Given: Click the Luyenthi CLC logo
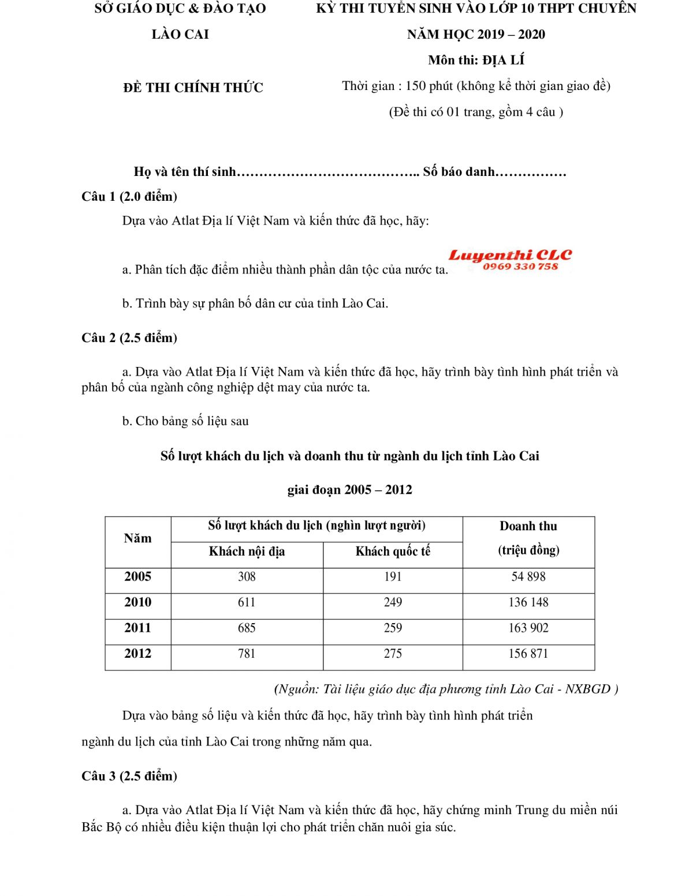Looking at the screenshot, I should (510, 255).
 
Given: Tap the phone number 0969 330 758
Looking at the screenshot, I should (520, 267).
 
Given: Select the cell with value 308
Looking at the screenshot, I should (247, 577).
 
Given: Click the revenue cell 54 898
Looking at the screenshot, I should (528, 577).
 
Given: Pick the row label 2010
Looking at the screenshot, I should (137, 602).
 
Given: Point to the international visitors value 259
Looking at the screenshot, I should (393, 628).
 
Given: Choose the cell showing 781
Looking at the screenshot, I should (247, 654).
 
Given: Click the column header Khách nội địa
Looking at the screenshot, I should (247, 552).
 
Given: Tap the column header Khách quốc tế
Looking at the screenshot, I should (393, 552).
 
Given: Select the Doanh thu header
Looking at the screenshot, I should (528, 526).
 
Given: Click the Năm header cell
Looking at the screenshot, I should (137, 538).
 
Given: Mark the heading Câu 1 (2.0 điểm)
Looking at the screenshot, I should (129, 197).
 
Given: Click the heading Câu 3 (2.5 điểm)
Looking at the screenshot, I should (129, 777).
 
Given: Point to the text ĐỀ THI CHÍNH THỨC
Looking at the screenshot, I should (193, 88).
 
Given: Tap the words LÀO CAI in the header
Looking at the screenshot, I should (180, 35).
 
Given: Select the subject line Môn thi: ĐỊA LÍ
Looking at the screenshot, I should (476, 61).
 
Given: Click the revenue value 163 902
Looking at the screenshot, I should (528, 628).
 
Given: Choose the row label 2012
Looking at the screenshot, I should (137, 654).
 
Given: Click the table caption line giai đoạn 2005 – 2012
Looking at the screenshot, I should (349, 490).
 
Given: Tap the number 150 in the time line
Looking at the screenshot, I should (415, 87).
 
